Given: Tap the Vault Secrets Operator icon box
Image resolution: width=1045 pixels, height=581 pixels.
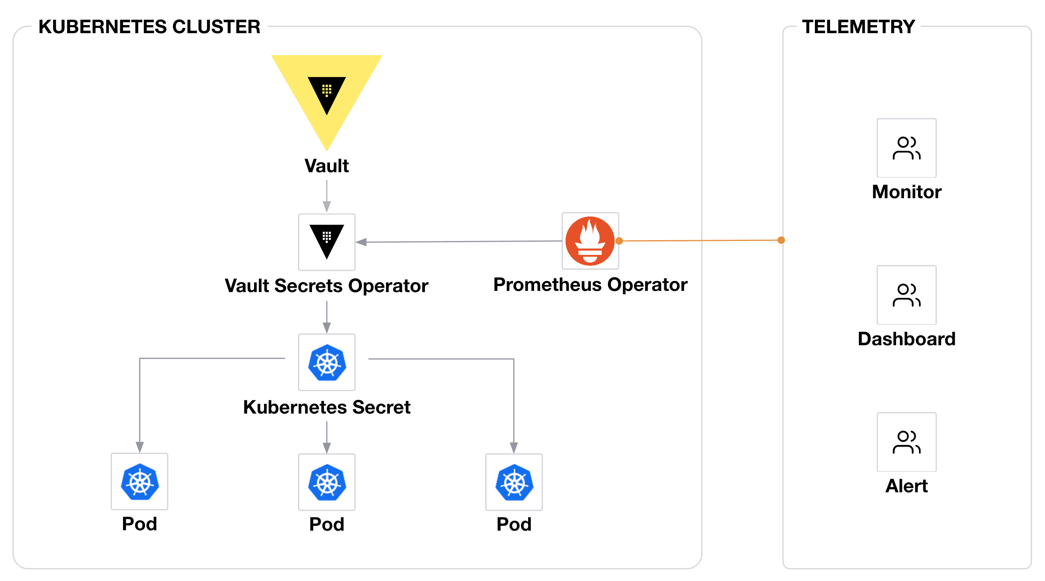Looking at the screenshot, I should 327,242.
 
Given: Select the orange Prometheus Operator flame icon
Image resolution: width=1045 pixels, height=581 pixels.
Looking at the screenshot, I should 590,241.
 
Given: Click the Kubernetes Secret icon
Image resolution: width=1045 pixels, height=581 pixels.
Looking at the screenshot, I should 327,362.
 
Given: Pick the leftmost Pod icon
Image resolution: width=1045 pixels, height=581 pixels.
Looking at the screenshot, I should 139,481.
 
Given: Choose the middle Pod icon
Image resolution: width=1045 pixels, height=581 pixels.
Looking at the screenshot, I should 327,482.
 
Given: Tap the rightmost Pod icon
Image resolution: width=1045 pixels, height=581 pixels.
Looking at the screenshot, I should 514,482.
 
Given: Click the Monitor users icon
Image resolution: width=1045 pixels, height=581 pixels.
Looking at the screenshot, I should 906,148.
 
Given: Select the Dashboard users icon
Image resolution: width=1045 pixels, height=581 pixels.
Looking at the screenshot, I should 906,295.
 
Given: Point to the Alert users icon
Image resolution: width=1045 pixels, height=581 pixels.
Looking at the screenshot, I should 906,442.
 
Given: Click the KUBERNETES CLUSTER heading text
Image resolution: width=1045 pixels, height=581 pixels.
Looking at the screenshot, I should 149,27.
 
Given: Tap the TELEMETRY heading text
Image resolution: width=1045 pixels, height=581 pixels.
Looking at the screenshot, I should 858,27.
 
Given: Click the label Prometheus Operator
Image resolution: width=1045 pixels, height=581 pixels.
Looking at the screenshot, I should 590,285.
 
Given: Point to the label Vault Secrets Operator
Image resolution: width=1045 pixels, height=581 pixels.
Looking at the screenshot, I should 327,286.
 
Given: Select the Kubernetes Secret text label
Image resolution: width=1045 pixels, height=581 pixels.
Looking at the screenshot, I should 327,407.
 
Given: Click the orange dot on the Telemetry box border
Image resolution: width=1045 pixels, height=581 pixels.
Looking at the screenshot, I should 781,240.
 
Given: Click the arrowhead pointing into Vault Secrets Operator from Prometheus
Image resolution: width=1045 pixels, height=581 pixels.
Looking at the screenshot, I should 361,242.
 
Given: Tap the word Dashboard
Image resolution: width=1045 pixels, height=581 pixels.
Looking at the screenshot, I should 906,339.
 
